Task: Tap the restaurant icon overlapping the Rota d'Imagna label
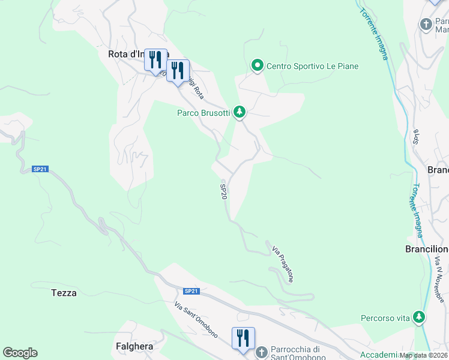[156, 60]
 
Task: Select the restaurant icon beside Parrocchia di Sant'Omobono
[243, 338]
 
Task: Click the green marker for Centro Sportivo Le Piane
[258, 65]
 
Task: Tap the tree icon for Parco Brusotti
[240, 112]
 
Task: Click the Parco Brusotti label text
[203, 113]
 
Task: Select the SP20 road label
[223, 192]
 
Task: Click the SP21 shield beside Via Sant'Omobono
[191, 291]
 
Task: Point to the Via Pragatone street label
[283, 264]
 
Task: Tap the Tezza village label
[64, 293]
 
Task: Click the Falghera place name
[134, 346]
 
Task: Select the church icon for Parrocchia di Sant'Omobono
[261, 352]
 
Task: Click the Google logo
[20, 353]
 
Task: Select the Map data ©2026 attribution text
[423, 355]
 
